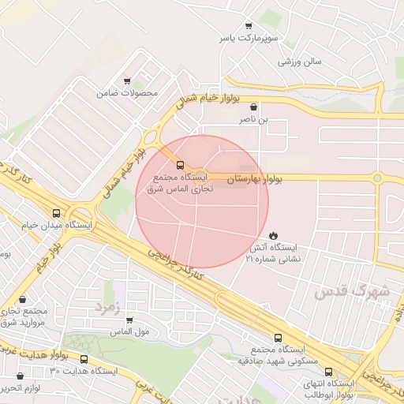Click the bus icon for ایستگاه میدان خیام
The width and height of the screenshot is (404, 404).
coord(56,213)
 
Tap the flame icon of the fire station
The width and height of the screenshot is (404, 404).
coord(273,235)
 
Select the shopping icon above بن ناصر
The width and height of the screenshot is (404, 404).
coord(252,107)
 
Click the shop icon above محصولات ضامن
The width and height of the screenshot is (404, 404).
coord(127,80)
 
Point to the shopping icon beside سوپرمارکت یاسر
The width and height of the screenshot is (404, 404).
coord(249,26)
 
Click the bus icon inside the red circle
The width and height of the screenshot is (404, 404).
coord(181,165)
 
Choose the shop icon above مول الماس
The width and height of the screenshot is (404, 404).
coord(130,320)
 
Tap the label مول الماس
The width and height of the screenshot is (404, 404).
coord(130,332)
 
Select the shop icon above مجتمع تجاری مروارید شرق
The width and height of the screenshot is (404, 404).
coord(21,299)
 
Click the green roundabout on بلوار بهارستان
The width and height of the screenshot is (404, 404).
coord(378,178)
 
